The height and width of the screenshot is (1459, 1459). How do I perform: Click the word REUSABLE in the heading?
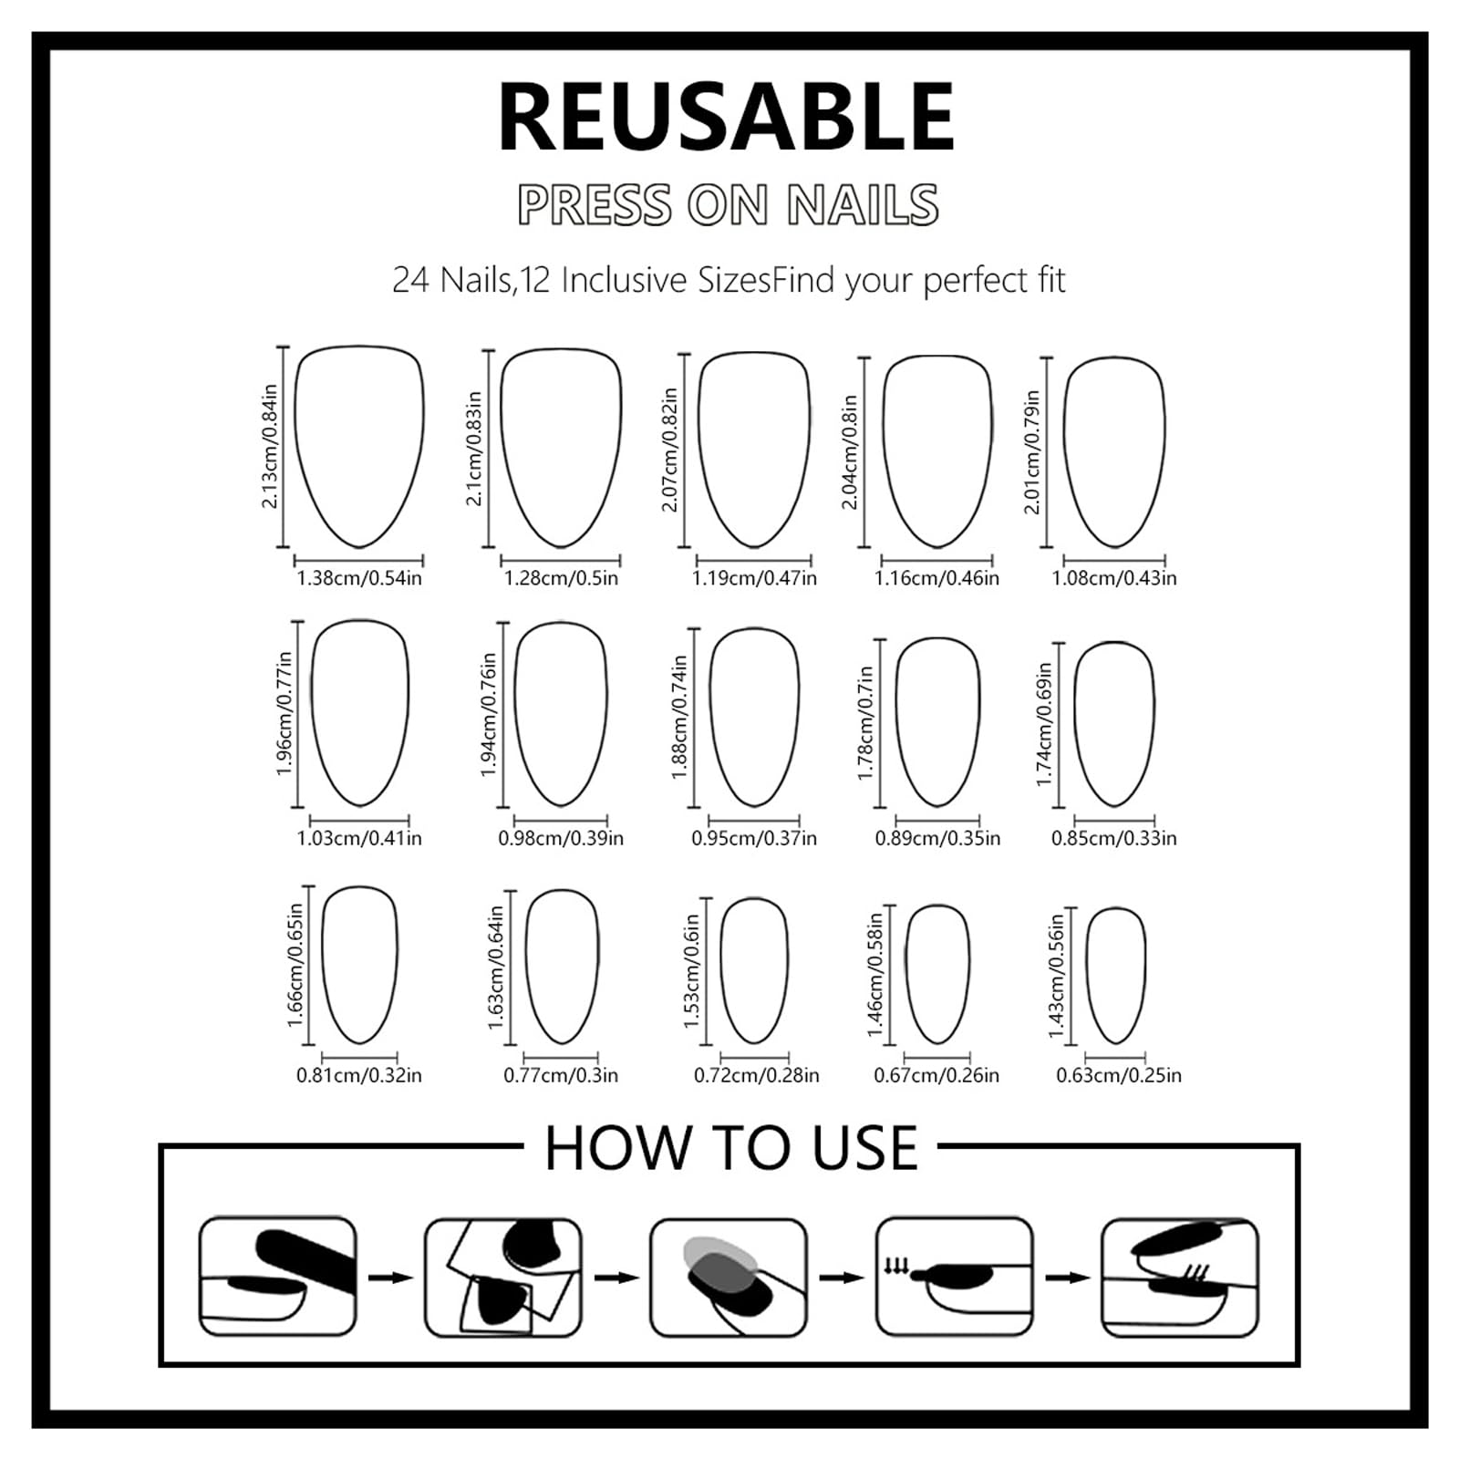pos(726,117)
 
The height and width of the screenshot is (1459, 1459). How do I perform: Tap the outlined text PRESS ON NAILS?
pos(728,204)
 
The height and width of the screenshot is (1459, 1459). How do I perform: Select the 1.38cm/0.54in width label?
pos(359,578)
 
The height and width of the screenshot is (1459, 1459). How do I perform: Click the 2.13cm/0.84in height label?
pos(270,446)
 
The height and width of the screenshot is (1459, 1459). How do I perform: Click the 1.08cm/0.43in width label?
pos(1114,578)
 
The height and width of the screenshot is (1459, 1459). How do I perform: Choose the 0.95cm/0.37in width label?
pos(754,838)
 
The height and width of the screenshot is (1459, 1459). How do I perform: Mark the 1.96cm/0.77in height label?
pos(285,714)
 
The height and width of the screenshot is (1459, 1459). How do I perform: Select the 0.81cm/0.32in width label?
pos(359,1075)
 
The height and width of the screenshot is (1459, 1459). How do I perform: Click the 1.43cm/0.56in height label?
pos(1057,976)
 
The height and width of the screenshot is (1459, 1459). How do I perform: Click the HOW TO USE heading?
pos(731,1148)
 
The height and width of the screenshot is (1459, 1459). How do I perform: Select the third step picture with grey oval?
pos(729,1278)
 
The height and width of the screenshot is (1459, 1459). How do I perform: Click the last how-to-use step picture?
pos(1180,1278)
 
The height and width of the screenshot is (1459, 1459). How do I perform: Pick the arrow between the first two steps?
pos(391,1278)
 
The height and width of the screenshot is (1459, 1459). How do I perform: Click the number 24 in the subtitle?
pos(410,280)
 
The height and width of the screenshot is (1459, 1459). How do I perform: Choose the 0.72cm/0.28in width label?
pos(757,1075)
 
